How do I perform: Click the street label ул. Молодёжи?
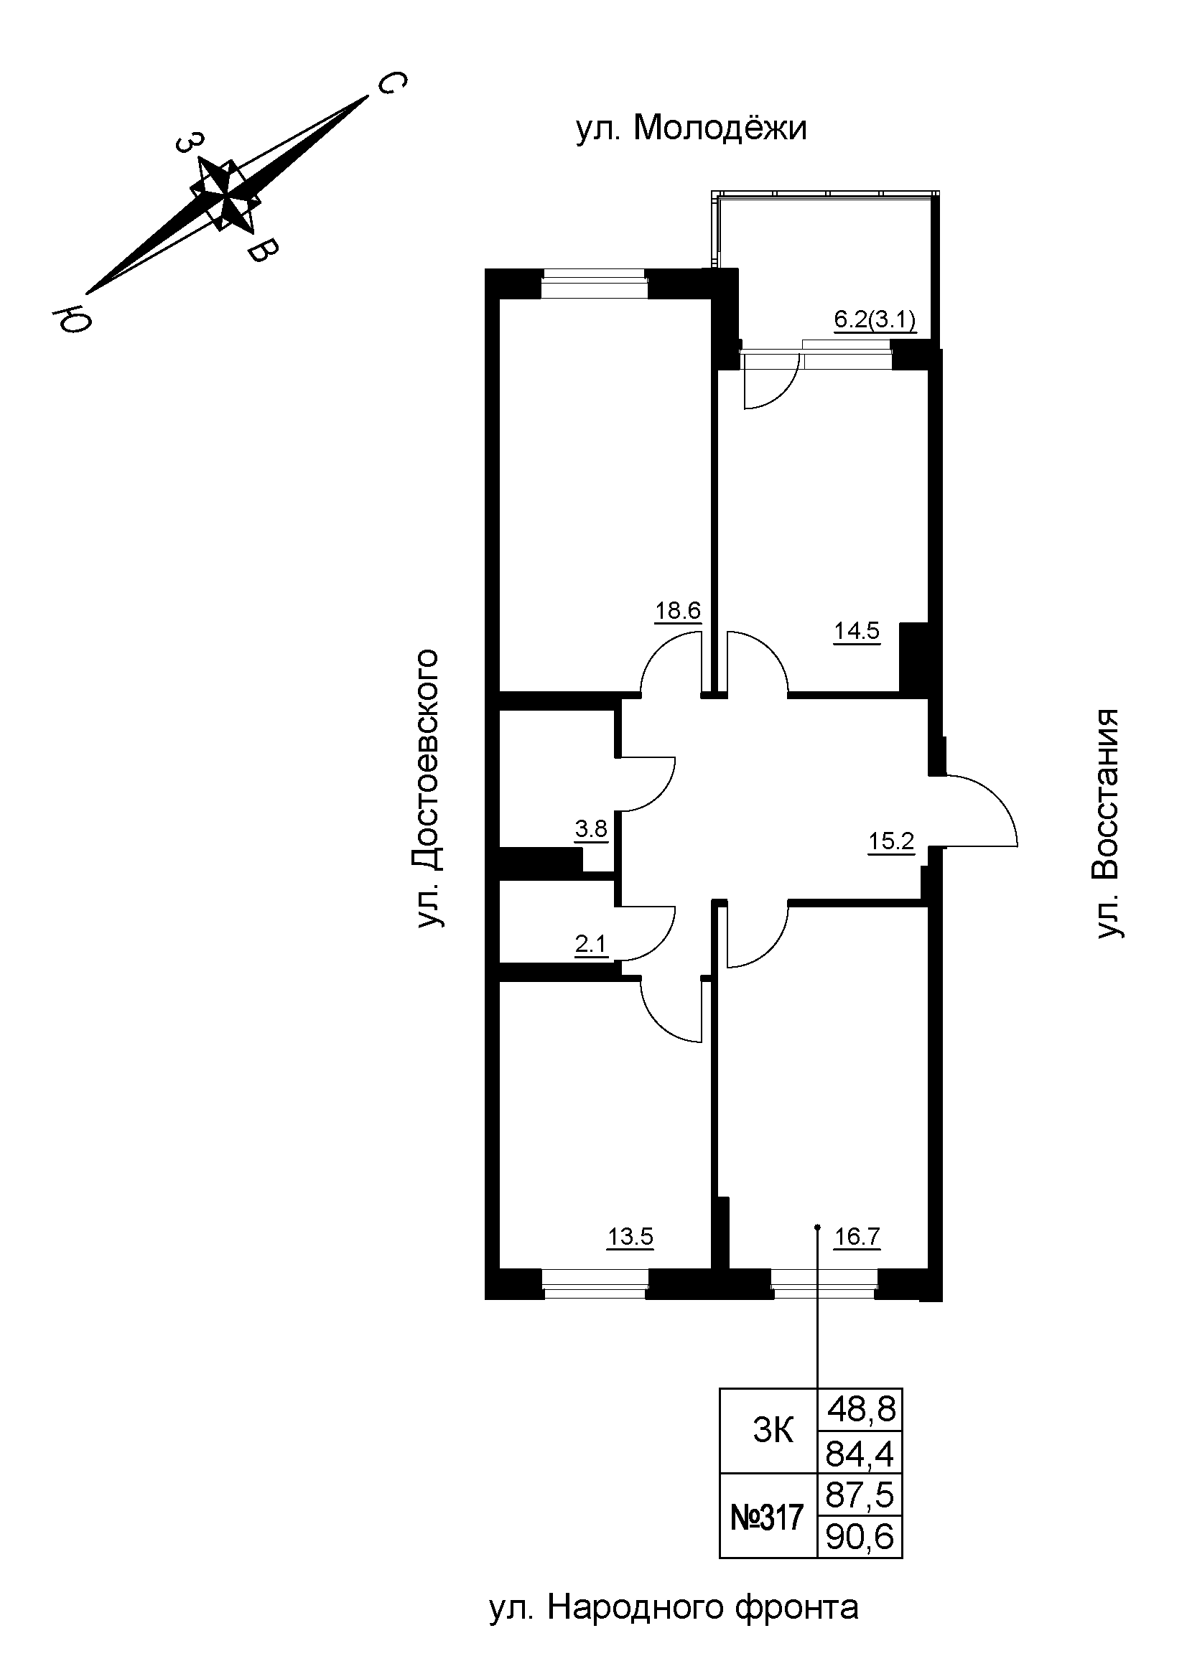tap(691, 128)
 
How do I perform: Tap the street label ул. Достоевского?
tap(429, 788)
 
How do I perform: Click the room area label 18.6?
tap(677, 611)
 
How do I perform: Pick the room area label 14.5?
tap(857, 630)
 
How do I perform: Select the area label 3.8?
tap(591, 829)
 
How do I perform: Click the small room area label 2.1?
tap(591, 945)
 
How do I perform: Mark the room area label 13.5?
tap(630, 1238)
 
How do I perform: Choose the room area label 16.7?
tap(857, 1238)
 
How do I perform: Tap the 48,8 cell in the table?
tap(860, 1408)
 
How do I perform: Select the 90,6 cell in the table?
tap(860, 1537)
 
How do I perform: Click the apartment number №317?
tap(767, 1517)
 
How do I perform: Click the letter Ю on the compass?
tap(71, 319)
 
